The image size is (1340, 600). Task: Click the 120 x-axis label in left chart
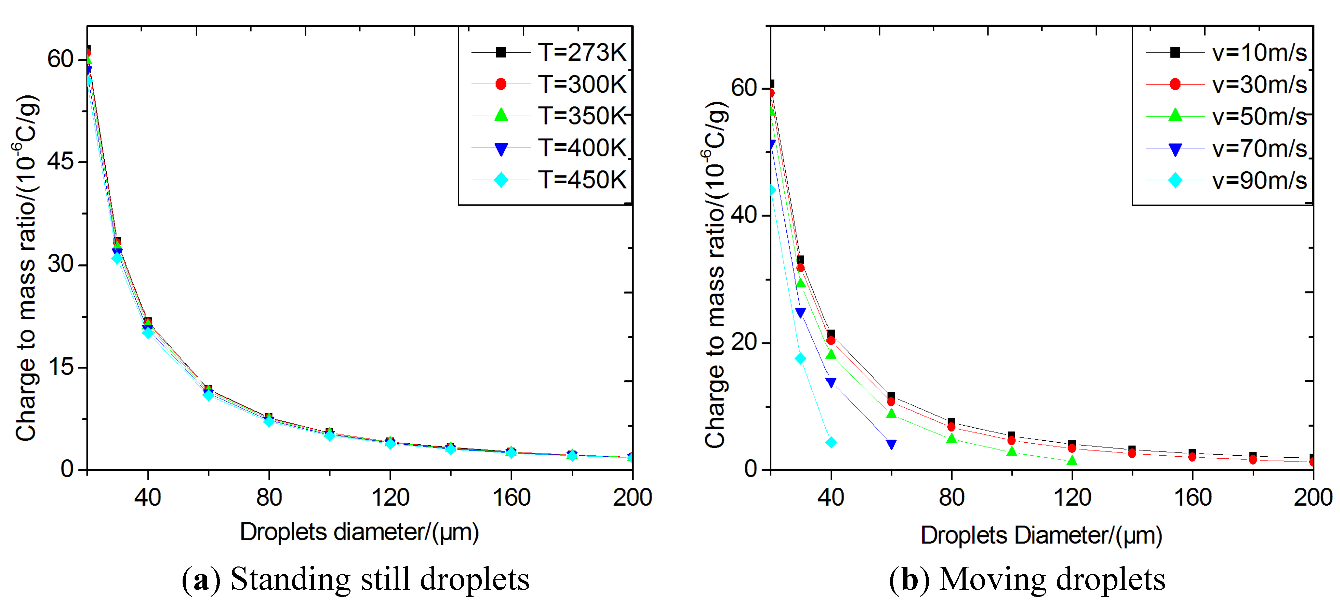[x=390, y=497]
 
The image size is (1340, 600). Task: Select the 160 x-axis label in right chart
[x=1192, y=497]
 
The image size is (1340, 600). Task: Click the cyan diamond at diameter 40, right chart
[x=831, y=442]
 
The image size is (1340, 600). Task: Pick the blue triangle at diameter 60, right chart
[x=891, y=444]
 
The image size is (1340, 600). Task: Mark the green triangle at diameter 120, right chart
[x=1072, y=460]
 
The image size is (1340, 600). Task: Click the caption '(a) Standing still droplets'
[x=355, y=579]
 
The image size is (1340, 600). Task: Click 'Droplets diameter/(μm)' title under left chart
[x=359, y=532]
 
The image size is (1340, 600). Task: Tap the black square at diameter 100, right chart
[x=1011, y=435]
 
